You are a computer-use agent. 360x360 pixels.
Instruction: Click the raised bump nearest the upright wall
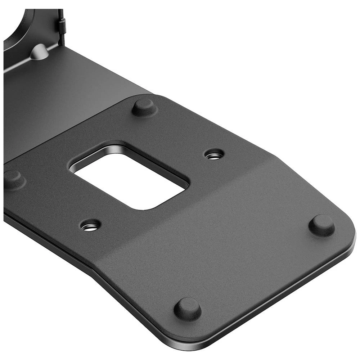[144, 107]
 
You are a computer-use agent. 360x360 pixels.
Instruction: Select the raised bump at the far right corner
[321, 225]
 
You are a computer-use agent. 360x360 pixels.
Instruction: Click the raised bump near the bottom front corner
[188, 309]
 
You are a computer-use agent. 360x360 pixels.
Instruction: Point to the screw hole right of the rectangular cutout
[214, 155]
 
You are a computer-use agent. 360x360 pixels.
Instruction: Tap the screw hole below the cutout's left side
[90, 226]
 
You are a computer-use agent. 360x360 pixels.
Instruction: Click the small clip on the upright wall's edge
[62, 25]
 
